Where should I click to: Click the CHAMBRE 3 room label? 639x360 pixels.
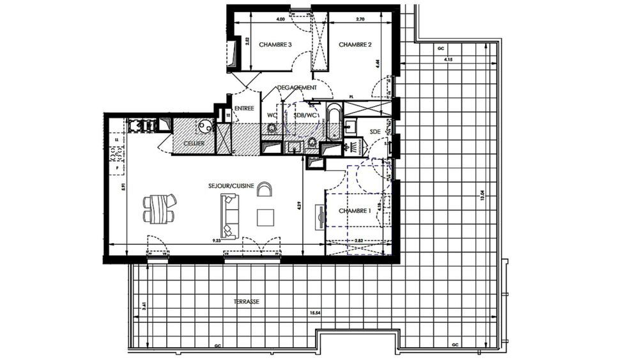pos(275,45)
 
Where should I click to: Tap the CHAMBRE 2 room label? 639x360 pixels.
pos(355,45)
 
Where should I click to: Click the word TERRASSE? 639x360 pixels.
pos(247,301)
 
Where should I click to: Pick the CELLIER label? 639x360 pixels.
pos(194,143)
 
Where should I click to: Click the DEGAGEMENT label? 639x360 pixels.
pos(296,88)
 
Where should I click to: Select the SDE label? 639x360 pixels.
pos(375,131)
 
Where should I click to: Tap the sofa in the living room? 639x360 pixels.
pos(229,216)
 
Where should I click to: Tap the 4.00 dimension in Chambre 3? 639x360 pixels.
pos(280,20)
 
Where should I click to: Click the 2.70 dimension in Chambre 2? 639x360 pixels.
pos(359,20)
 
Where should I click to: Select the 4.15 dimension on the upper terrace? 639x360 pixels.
pos(447,59)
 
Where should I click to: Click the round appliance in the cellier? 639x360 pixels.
pos(204,126)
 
